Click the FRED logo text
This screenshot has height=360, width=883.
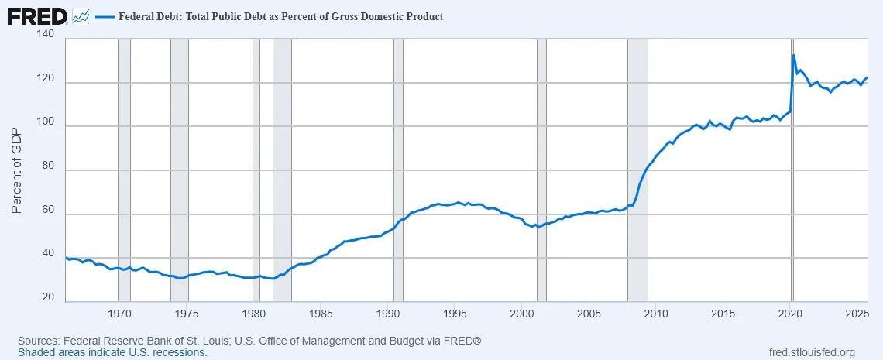(37, 15)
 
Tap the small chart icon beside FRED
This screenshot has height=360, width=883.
(81, 15)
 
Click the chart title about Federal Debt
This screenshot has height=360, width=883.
(280, 16)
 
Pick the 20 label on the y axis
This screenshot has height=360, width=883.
(46, 297)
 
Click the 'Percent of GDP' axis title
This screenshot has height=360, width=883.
(17, 170)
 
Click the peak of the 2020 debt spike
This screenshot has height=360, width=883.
(794, 55)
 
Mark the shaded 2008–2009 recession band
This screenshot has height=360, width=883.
(637, 170)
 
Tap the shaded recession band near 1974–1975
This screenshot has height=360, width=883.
(179, 170)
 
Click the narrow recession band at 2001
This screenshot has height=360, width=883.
(541, 170)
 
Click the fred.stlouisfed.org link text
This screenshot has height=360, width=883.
(812, 352)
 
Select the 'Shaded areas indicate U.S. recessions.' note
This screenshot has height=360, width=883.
(112, 352)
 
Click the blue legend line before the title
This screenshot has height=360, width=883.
(105, 16)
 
